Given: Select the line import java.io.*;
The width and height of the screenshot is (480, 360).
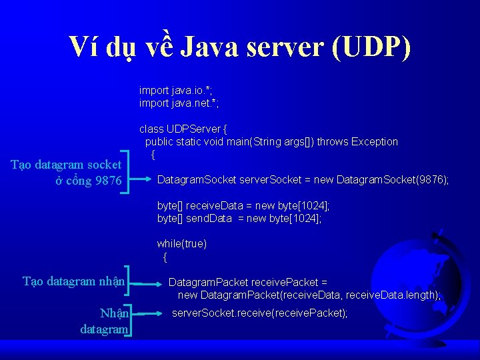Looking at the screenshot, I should pos(177,90).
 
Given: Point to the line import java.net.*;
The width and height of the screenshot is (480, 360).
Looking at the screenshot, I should pos(179,103).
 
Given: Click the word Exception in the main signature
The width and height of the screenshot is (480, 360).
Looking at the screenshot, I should pos(375,141).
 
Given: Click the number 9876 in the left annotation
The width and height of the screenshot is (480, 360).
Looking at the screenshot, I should pos(107,181).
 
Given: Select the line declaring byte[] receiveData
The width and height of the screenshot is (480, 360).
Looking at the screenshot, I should pos(243,205).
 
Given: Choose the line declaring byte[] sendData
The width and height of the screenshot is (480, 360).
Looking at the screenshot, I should pos(239,218).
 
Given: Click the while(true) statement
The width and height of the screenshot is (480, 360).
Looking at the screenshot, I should pos(181,243).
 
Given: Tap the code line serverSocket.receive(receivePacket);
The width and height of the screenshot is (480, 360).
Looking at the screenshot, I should pos(259,313).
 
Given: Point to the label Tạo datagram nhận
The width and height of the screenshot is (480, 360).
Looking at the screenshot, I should pos(73,281).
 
